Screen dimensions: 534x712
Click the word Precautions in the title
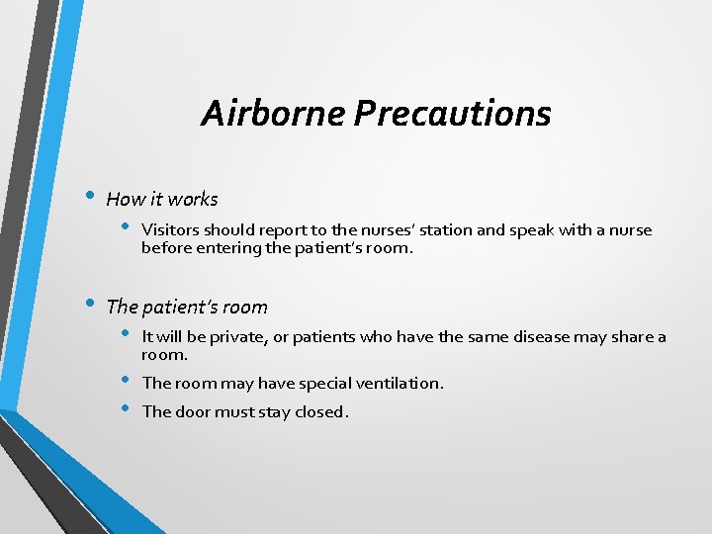(453, 114)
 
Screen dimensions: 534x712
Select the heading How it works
(161, 199)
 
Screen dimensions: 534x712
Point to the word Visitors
(171, 230)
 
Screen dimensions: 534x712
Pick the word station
(444, 230)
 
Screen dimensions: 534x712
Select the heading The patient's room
(186, 308)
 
